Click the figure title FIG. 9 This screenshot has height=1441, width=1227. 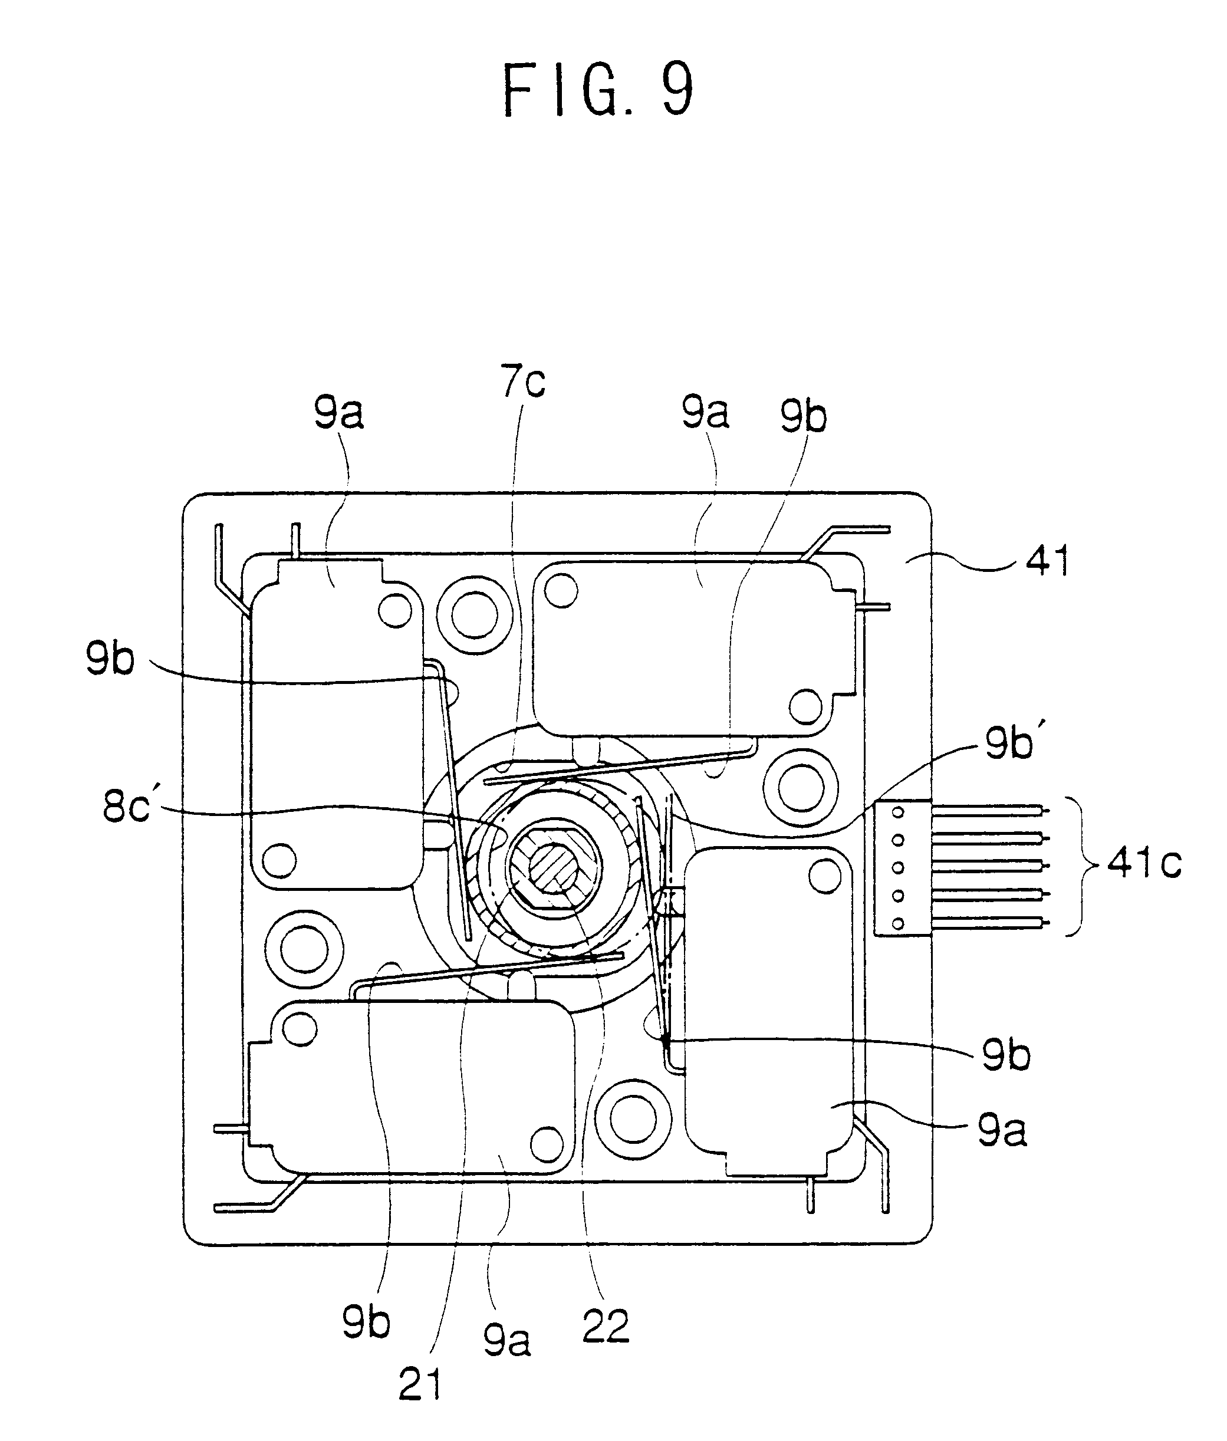point(598,90)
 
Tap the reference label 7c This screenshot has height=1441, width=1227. point(523,382)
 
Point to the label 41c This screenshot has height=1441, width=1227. point(1144,864)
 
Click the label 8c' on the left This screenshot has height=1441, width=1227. point(127,807)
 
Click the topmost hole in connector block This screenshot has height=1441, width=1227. point(897,812)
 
